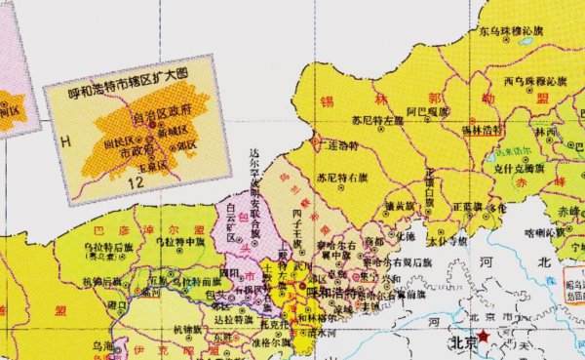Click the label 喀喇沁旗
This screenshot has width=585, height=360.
544,232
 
